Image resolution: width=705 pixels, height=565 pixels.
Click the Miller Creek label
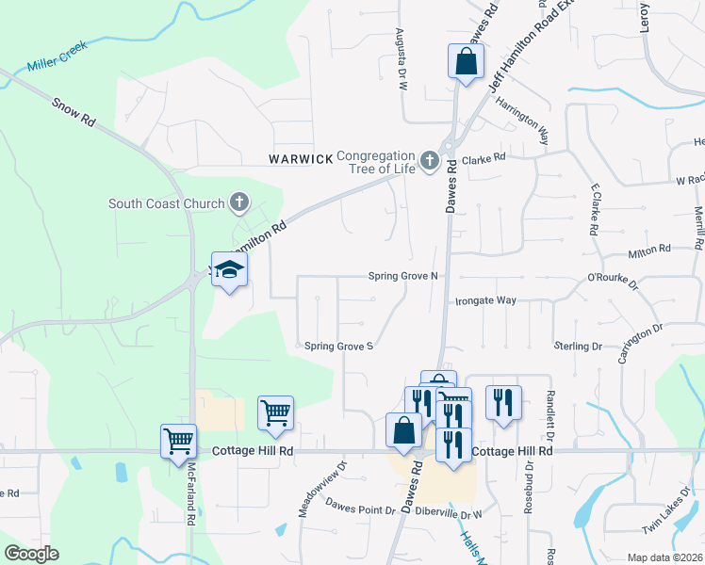[x=57, y=62]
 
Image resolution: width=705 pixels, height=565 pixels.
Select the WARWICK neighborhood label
[x=300, y=159]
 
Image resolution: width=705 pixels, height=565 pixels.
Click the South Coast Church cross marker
[x=239, y=202]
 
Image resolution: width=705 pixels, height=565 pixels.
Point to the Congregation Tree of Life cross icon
[x=430, y=161]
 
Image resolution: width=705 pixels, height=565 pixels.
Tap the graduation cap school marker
[x=228, y=271]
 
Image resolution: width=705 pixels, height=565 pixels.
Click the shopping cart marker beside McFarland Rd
[x=178, y=440]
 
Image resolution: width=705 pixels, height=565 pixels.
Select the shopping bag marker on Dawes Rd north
[x=466, y=62]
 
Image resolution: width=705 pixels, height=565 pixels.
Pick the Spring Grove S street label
[x=339, y=346]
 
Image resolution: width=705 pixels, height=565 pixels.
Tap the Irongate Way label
[x=485, y=300]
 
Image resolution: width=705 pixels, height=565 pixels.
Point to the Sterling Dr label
[x=577, y=347]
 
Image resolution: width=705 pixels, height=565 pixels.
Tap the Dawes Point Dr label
[x=361, y=509]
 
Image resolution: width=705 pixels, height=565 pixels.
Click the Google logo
[x=31, y=553]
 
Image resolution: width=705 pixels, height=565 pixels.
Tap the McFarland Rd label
[x=189, y=505]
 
